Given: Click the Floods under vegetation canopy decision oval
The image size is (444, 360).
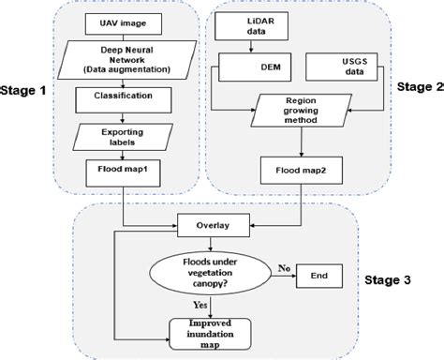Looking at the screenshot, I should tap(214, 273).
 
